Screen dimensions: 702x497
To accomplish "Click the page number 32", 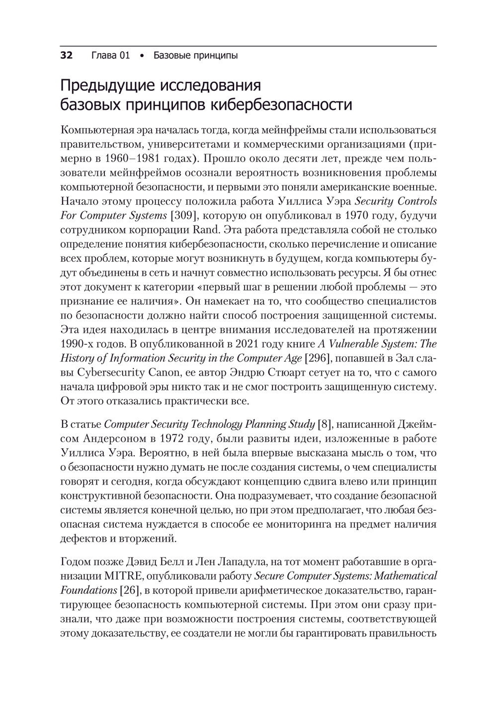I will [x=67, y=55].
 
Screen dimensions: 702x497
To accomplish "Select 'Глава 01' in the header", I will [x=111, y=55].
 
